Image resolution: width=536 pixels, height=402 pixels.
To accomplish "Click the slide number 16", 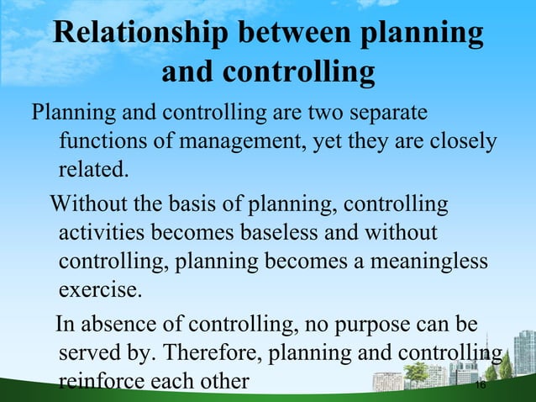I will (481, 385).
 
